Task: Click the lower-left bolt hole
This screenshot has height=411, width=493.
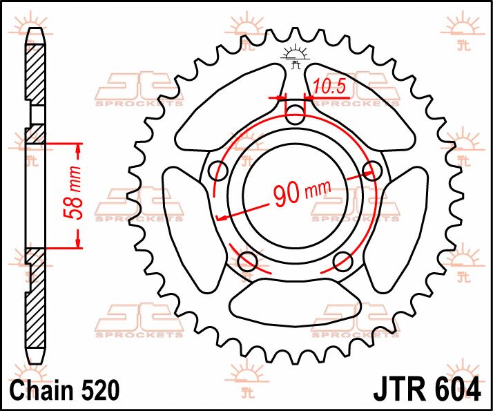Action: coord(247,260)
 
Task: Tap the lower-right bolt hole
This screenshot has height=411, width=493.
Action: coord(343,260)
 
